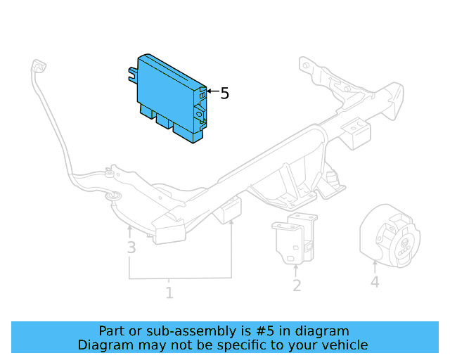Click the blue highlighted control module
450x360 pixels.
[169, 95]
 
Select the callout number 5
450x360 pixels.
[224, 94]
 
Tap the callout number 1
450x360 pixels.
[169, 292]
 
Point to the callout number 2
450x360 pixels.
[297, 285]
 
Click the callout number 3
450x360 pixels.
[131, 247]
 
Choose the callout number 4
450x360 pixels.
[375, 282]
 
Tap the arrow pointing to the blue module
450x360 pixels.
[212, 92]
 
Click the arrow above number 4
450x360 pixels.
[375, 266]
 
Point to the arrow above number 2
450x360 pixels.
[296, 269]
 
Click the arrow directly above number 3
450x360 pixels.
[130, 230]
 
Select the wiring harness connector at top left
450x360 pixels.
[38, 67]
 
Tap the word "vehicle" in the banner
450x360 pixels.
[345, 345]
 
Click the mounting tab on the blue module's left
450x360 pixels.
[131, 72]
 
